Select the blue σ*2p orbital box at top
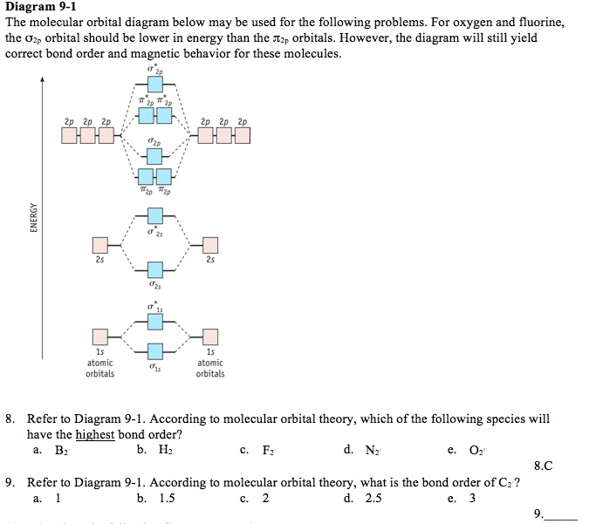[x=154, y=84]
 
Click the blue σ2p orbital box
[x=154, y=156]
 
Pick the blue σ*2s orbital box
[x=154, y=215]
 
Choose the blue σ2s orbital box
[x=154, y=269]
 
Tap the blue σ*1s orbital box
[x=154, y=321]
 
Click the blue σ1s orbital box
[x=154, y=352]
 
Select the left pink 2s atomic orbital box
[x=101, y=246]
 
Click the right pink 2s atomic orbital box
[x=209, y=246]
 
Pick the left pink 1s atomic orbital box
[x=101, y=337]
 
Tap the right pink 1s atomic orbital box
[x=209, y=337]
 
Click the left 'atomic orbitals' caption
[x=99, y=368]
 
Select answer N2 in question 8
[x=372, y=450]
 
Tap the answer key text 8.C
[x=542, y=466]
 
